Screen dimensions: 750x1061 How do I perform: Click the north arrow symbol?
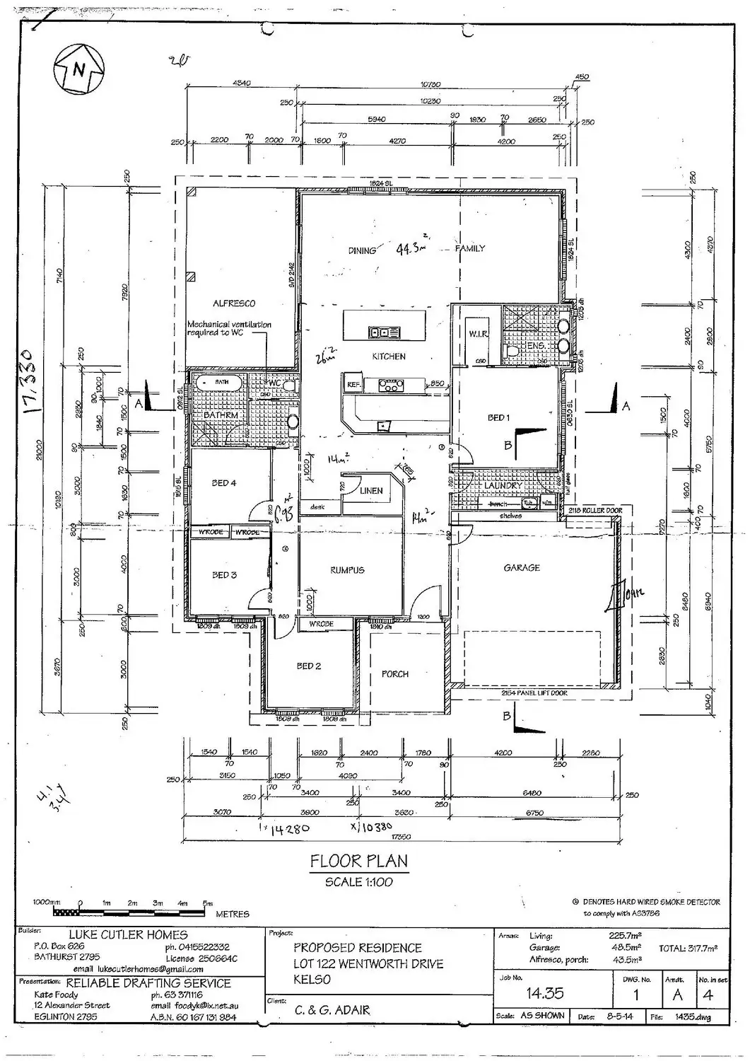[x=79, y=69]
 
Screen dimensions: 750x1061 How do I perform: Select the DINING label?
[x=362, y=250]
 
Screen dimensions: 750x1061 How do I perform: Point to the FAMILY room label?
[x=470, y=248]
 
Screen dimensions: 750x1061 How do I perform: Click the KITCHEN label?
[x=389, y=356]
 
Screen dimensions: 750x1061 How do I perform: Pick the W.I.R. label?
[x=478, y=334]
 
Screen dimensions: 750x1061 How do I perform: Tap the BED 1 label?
[x=498, y=418]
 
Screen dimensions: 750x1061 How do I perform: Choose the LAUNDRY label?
[x=503, y=486]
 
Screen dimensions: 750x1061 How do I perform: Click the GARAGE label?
[x=522, y=567]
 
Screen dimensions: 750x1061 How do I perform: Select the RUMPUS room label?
[x=347, y=570]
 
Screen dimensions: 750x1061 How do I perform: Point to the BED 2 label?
[x=309, y=666]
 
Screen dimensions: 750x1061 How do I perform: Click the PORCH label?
[x=395, y=674]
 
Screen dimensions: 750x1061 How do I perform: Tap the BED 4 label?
[x=224, y=483]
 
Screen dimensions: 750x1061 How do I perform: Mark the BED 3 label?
[x=224, y=575]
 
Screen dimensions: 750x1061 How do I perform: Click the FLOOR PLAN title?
[x=359, y=862]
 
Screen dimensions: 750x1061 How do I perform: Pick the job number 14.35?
[x=544, y=994]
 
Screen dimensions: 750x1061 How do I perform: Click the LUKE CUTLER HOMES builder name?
[x=127, y=935]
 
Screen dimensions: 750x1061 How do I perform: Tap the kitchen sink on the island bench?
[x=384, y=332]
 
